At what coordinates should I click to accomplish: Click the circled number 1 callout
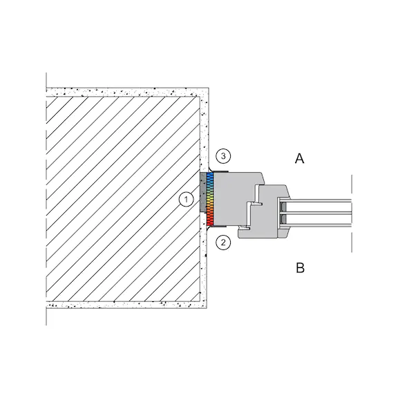(x=187, y=199)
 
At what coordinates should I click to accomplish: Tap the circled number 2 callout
(x=223, y=243)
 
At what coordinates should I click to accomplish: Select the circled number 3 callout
(x=223, y=156)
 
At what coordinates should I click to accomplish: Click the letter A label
(x=299, y=159)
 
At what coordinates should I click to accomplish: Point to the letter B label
(x=300, y=268)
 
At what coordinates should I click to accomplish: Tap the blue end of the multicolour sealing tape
(x=210, y=177)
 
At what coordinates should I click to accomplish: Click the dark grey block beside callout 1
(x=203, y=192)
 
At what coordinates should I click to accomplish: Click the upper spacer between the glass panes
(x=283, y=207)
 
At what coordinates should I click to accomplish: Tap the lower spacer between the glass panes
(x=283, y=219)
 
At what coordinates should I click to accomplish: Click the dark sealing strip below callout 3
(x=220, y=171)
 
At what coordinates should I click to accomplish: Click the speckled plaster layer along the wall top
(x=127, y=92)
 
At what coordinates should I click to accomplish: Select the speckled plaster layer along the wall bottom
(x=126, y=305)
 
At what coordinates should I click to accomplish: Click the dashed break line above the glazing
(x=352, y=184)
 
